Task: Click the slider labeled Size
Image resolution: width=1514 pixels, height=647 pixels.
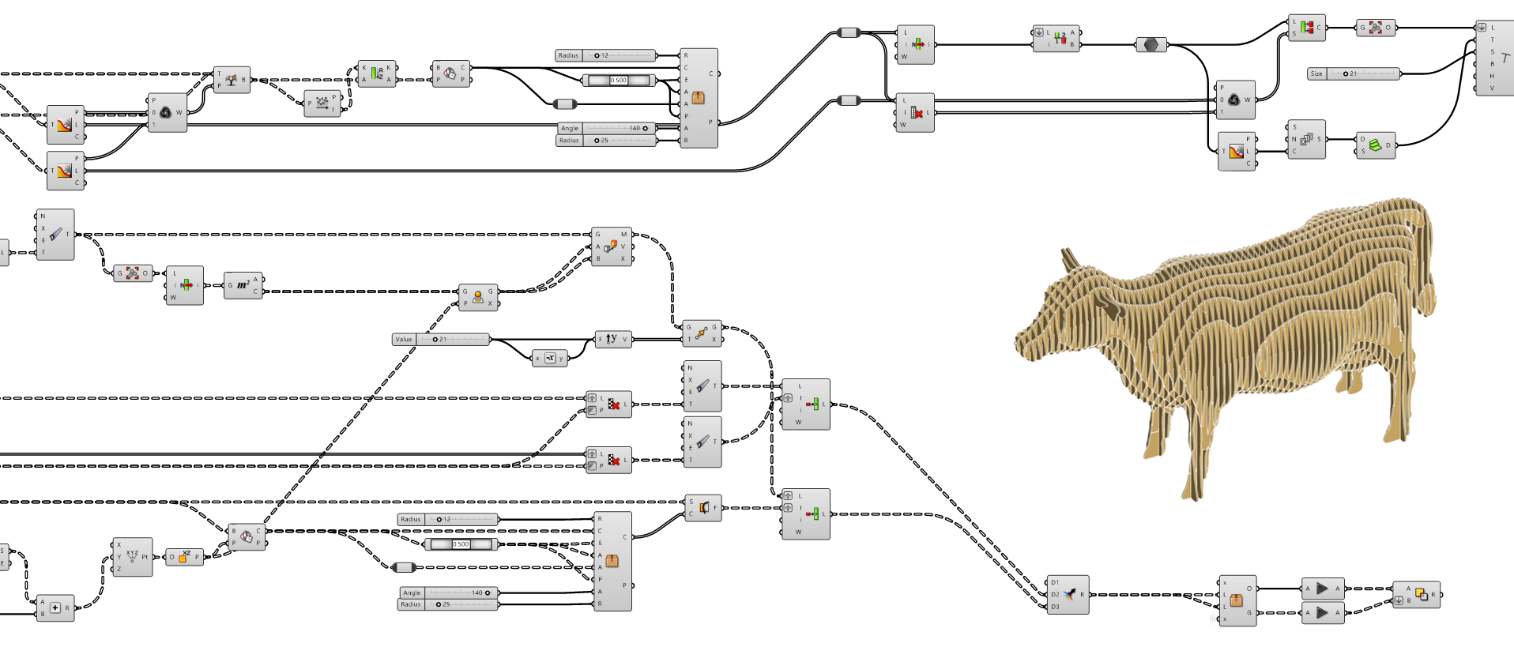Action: [1353, 73]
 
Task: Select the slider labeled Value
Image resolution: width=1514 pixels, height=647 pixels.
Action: [441, 340]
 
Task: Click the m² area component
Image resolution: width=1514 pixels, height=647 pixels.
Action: [243, 285]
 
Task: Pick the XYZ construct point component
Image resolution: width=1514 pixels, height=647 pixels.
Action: [132, 556]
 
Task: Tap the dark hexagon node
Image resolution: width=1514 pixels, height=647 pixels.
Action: [1151, 44]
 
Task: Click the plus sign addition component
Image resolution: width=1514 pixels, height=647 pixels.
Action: [55, 608]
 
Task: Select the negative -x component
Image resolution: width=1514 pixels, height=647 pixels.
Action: [550, 358]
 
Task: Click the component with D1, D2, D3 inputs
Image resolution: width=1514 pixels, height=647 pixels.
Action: [1068, 595]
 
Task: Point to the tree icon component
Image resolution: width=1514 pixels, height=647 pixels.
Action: [232, 80]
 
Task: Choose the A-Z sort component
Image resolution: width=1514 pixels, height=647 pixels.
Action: [377, 73]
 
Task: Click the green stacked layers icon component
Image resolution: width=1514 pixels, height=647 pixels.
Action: [1376, 145]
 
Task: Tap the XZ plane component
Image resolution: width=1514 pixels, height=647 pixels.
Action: [184, 557]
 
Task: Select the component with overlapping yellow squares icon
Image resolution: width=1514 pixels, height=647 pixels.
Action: [1420, 594]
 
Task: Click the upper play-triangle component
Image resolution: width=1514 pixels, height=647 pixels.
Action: [1323, 589]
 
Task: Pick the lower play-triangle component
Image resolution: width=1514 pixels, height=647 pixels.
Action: [1323, 612]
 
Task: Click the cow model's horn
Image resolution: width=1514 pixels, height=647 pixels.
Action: [1070, 259]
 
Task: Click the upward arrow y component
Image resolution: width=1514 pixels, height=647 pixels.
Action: [612, 339]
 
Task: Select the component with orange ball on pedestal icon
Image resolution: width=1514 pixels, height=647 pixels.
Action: [477, 297]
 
